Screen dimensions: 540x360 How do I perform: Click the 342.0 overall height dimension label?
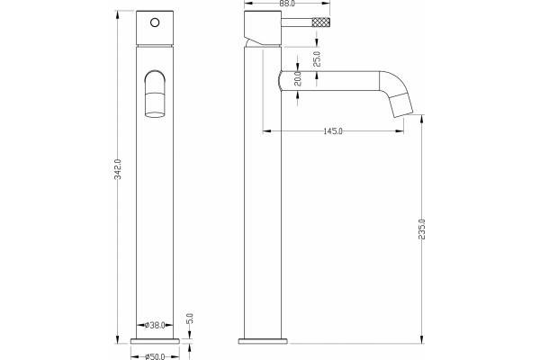(118, 169)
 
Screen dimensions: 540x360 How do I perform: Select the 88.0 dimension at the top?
(287, 4)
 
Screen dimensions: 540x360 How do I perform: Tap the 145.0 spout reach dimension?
(333, 131)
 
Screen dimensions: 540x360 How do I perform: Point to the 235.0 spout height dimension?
(422, 229)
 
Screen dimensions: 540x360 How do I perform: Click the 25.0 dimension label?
(317, 58)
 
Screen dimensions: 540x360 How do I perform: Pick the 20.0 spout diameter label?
(298, 78)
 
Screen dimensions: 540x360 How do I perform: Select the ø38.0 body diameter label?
(155, 325)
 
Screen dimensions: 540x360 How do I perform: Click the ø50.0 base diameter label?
(155, 356)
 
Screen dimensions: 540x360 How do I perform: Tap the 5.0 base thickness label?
(190, 319)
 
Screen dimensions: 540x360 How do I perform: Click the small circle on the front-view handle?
(155, 22)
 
